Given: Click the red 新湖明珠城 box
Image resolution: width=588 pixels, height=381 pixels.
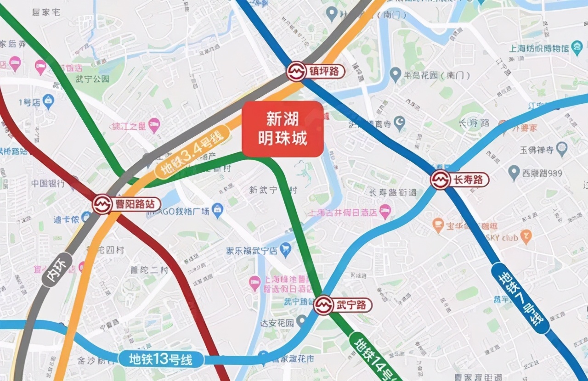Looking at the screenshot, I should click(283, 129).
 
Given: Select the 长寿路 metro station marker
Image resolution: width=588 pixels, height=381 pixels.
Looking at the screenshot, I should click(440, 179).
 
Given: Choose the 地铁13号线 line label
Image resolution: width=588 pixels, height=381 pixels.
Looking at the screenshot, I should click(160, 359).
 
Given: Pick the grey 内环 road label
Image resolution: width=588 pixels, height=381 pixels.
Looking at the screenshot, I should click(57, 269).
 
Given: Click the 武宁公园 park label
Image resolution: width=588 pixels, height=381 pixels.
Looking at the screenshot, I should click(93, 79).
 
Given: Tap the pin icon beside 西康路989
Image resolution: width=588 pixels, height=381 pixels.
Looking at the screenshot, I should click(514, 173).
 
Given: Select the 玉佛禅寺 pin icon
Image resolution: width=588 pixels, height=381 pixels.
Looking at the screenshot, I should click(561, 149).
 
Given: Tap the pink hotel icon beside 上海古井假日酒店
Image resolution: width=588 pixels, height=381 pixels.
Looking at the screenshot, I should click(385, 212).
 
